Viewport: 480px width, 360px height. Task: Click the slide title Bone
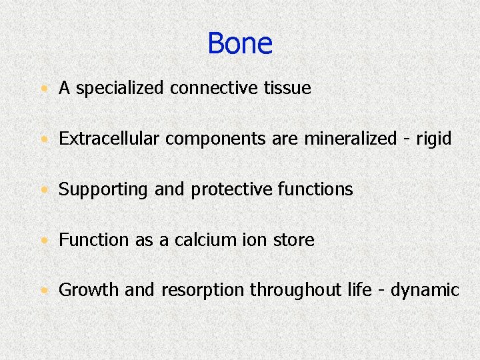coord(240,44)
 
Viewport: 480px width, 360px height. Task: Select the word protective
coord(232,189)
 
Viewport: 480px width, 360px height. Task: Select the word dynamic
coord(425,291)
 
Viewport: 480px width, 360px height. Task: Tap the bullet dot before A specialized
coord(43,89)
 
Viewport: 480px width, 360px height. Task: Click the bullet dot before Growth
coord(43,291)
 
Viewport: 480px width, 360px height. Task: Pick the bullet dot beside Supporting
coord(43,190)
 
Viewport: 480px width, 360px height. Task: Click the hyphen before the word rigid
coord(406,140)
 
